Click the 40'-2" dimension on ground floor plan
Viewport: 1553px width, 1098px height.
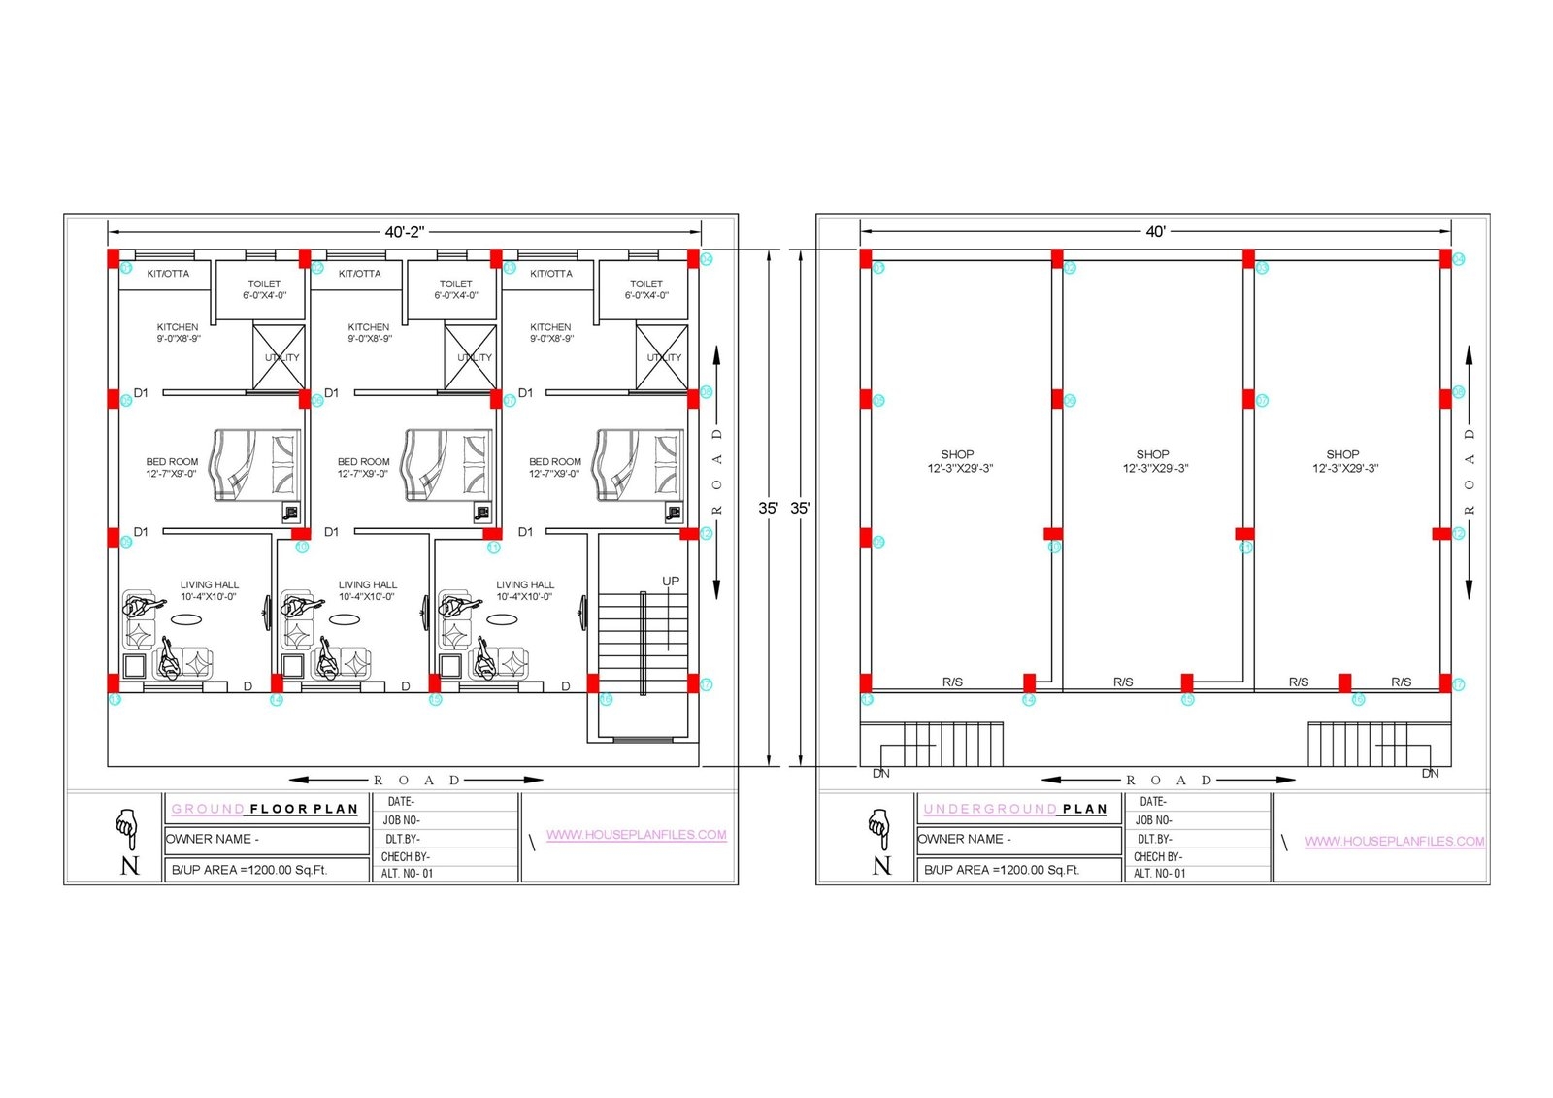pyautogui.click(x=404, y=232)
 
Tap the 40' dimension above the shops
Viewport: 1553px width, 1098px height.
pyautogui.click(x=1155, y=232)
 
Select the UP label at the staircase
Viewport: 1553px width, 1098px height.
pyautogui.click(x=671, y=582)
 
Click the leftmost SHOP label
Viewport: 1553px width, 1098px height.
pyautogui.click(x=958, y=461)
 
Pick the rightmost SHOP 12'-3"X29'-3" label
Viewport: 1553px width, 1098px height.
pyautogui.click(x=1344, y=461)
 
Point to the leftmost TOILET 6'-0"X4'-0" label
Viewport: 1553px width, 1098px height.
pyautogui.click(x=264, y=289)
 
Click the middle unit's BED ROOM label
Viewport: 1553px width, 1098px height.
pyautogui.click(x=363, y=468)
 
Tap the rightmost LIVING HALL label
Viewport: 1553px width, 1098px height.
pyautogui.click(x=525, y=590)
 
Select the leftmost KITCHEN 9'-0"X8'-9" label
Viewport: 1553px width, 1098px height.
pyautogui.click(x=178, y=333)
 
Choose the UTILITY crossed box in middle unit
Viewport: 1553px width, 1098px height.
pyautogui.click(x=471, y=357)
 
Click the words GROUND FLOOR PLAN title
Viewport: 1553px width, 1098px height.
pyautogui.click(x=265, y=809)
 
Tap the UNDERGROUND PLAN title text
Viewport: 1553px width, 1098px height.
pyautogui.click(x=1015, y=809)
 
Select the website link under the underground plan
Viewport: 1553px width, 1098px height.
pyautogui.click(x=1394, y=842)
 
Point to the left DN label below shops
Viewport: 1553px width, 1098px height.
pyautogui.click(x=881, y=774)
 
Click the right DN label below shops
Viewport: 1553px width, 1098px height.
pyautogui.click(x=1430, y=774)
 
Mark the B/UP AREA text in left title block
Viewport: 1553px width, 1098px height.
pyautogui.click(x=249, y=870)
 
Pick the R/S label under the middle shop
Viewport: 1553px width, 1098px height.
pyautogui.click(x=1123, y=682)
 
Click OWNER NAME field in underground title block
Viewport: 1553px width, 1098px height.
pyautogui.click(x=965, y=839)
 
